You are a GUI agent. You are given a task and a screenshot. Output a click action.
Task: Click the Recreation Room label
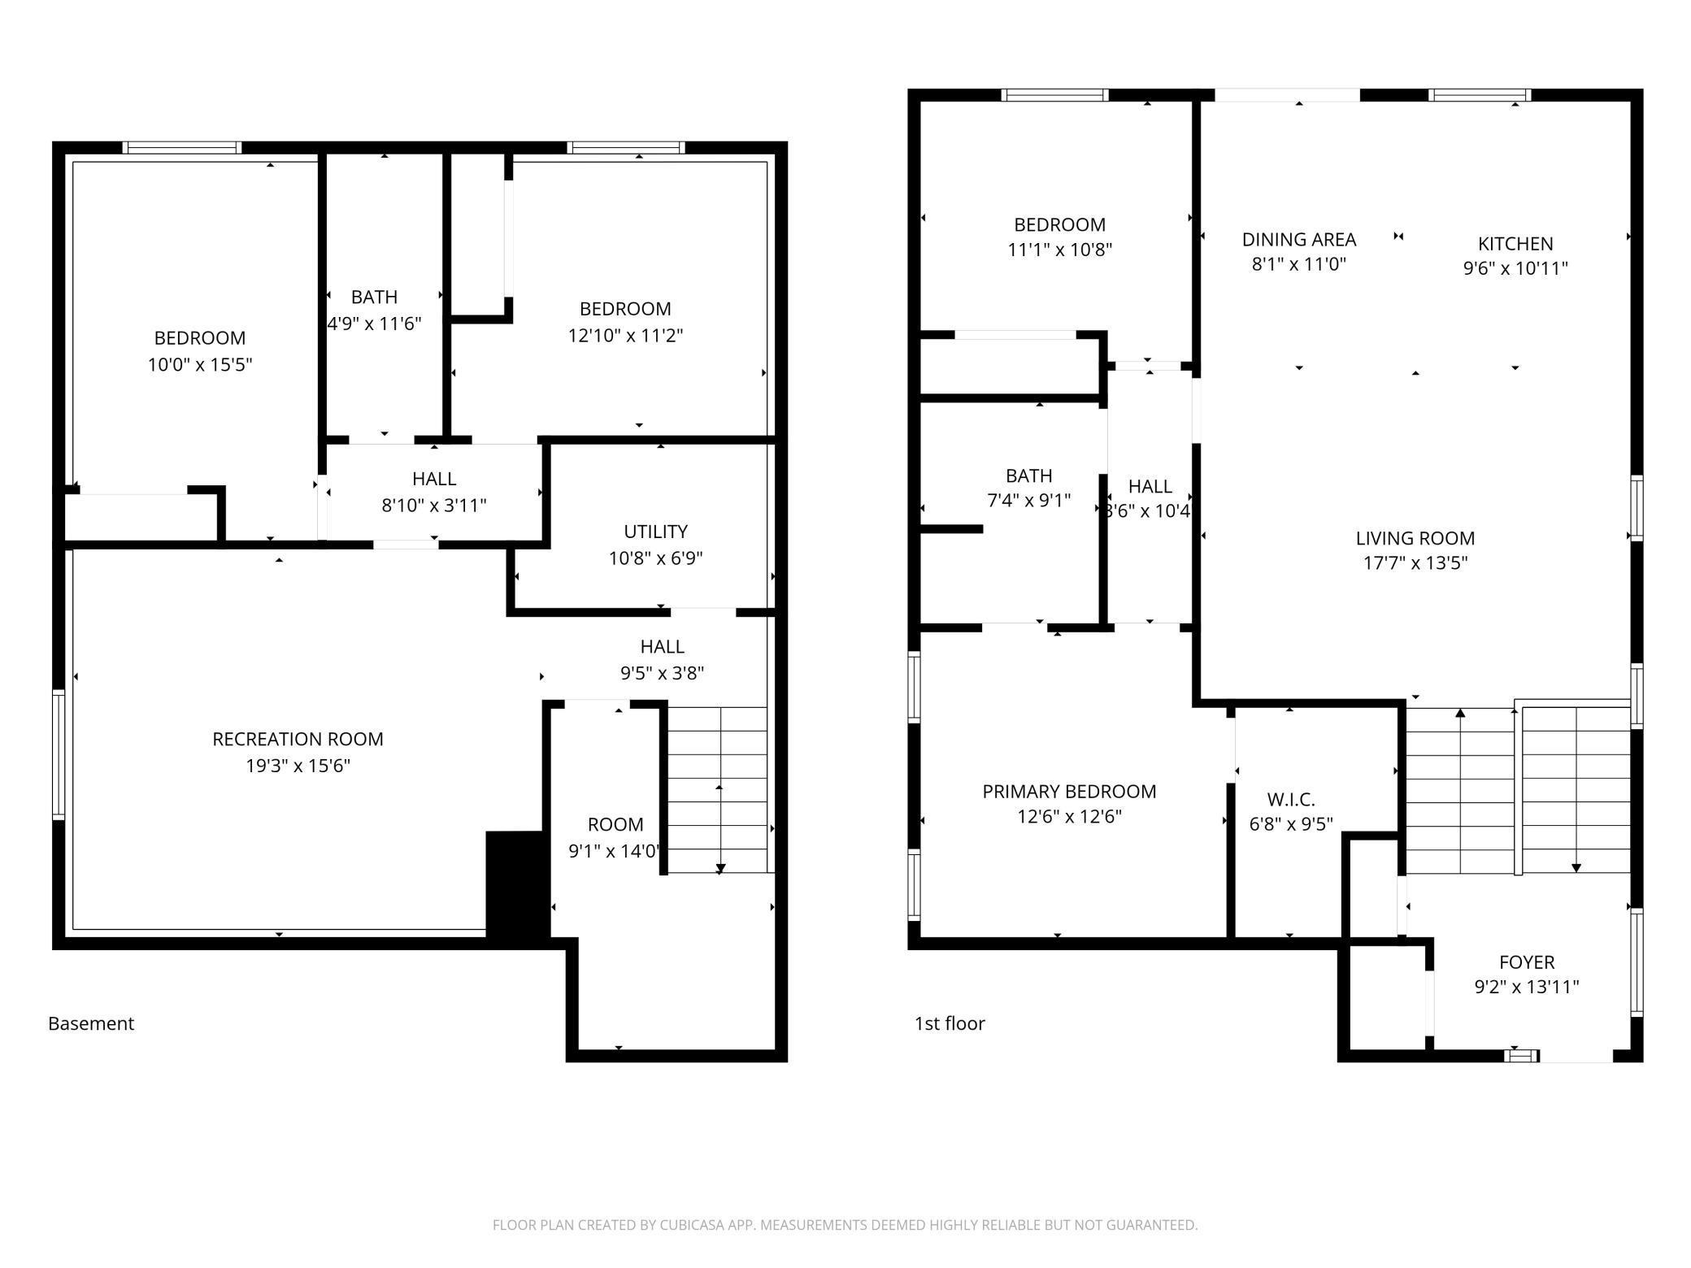pyautogui.click(x=298, y=739)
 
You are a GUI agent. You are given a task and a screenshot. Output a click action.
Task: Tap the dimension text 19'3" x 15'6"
pyautogui.click(x=298, y=766)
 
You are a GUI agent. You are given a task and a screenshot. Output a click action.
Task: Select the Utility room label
pyautogui.click(x=655, y=532)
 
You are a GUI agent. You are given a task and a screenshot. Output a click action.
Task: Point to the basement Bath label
pyautogui.click(x=374, y=297)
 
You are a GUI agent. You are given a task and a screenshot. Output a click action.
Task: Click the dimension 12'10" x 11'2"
pyautogui.click(x=625, y=335)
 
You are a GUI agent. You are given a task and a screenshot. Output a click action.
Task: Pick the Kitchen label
pyautogui.click(x=1515, y=243)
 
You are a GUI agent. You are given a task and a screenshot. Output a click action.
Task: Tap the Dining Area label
pyautogui.click(x=1298, y=239)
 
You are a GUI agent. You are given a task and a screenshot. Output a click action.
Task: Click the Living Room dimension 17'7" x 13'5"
pyautogui.click(x=1415, y=562)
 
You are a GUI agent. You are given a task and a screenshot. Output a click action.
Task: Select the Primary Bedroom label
pyautogui.click(x=1069, y=791)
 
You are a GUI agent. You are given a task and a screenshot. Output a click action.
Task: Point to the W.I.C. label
pyautogui.click(x=1290, y=799)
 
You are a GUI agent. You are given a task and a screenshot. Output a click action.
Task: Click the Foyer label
pyautogui.click(x=1526, y=962)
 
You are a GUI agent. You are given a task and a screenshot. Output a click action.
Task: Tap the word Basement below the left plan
pyautogui.click(x=91, y=1023)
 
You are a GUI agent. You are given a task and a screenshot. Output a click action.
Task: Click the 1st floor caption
pyautogui.click(x=949, y=1023)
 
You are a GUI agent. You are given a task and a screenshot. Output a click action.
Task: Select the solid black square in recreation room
pyautogui.click(x=515, y=886)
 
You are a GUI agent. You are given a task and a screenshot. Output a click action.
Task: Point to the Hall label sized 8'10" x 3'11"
pyautogui.click(x=434, y=479)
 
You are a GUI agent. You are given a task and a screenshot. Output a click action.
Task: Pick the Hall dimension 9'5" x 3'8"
pyautogui.click(x=662, y=673)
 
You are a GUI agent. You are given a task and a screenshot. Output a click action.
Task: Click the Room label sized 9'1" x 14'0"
pyautogui.click(x=615, y=824)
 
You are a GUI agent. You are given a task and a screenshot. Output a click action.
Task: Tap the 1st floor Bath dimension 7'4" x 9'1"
pyautogui.click(x=1028, y=501)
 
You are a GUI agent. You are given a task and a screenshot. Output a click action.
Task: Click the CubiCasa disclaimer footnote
pyautogui.click(x=845, y=1225)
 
